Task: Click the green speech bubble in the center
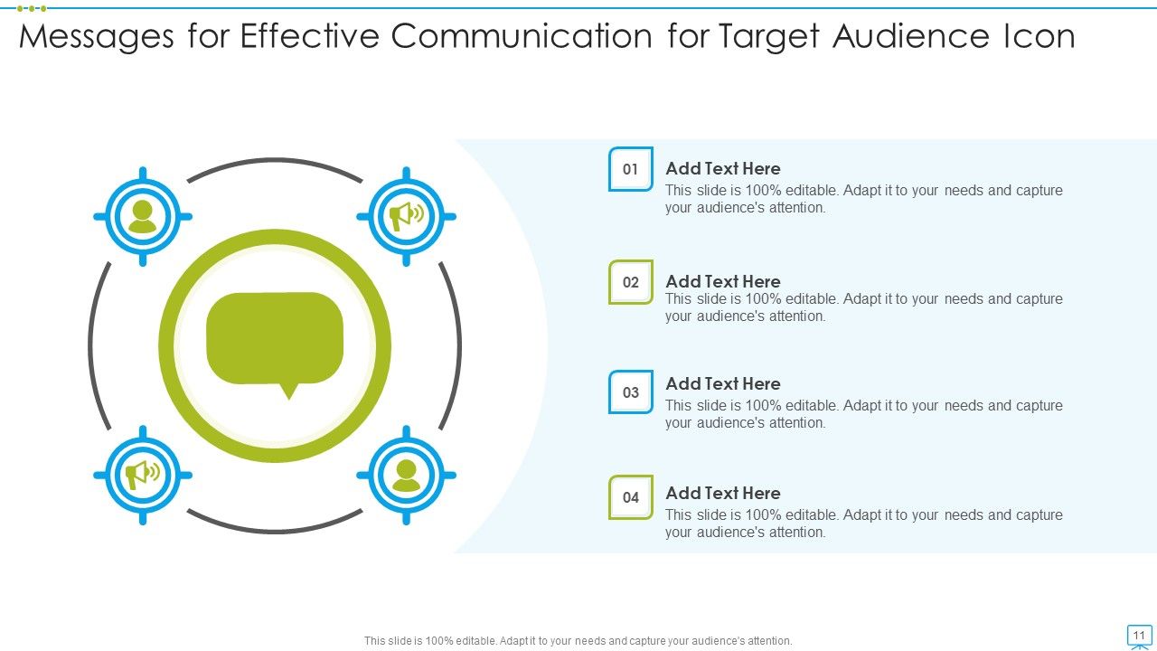(275, 339)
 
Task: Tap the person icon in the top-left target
(143, 217)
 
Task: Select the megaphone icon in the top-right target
(406, 216)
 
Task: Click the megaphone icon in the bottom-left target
(143, 474)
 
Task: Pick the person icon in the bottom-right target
(406, 475)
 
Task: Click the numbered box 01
(631, 169)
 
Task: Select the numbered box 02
(631, 282)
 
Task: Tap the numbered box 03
(631, 392)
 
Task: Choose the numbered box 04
(631, 497)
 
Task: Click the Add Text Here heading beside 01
(723, 169)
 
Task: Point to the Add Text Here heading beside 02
(723, 281)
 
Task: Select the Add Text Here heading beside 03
(723, 383)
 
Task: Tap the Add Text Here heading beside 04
(723, 493)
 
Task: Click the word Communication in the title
(522, 37)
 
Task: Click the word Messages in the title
(97, 37)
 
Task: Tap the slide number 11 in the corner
(1139, 636)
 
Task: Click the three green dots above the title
(31, 8)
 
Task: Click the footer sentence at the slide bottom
(578, 640)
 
